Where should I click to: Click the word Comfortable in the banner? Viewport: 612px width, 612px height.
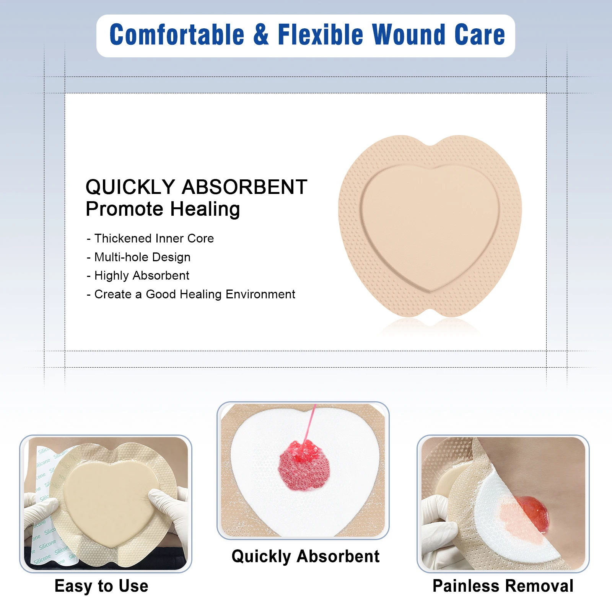pyautogui.click(x=177, y=34)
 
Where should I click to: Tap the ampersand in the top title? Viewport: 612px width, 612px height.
pyautogui.click(x=261, y=34)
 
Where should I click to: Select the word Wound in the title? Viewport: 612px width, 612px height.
pyautogui.click(x=409, y=34)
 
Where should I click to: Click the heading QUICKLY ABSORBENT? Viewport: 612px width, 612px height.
pyautogui.click(x=196, y=187)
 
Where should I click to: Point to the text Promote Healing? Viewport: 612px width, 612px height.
pyautogui.click(x=163, y=209)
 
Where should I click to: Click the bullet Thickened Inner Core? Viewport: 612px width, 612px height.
pyautogui.click(x=150, y=238)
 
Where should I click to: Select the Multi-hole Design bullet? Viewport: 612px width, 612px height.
pyautogui.click(x=138, y=257)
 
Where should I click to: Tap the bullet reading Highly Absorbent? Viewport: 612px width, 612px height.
pyautogui.click(x=138, y=275)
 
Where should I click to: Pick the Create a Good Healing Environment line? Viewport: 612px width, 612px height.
pyautogui.click(x=191, y=294)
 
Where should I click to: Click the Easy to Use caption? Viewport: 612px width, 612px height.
pyautogui.click(x=101, y=586)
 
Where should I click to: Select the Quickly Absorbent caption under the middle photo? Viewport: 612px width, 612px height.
pyautogui.click(x=306, y=557)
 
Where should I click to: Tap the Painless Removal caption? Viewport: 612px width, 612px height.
pyautogui.click(x=503, y=586)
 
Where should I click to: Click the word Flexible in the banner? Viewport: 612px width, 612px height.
pyautogui.click(x=320, y=34)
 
